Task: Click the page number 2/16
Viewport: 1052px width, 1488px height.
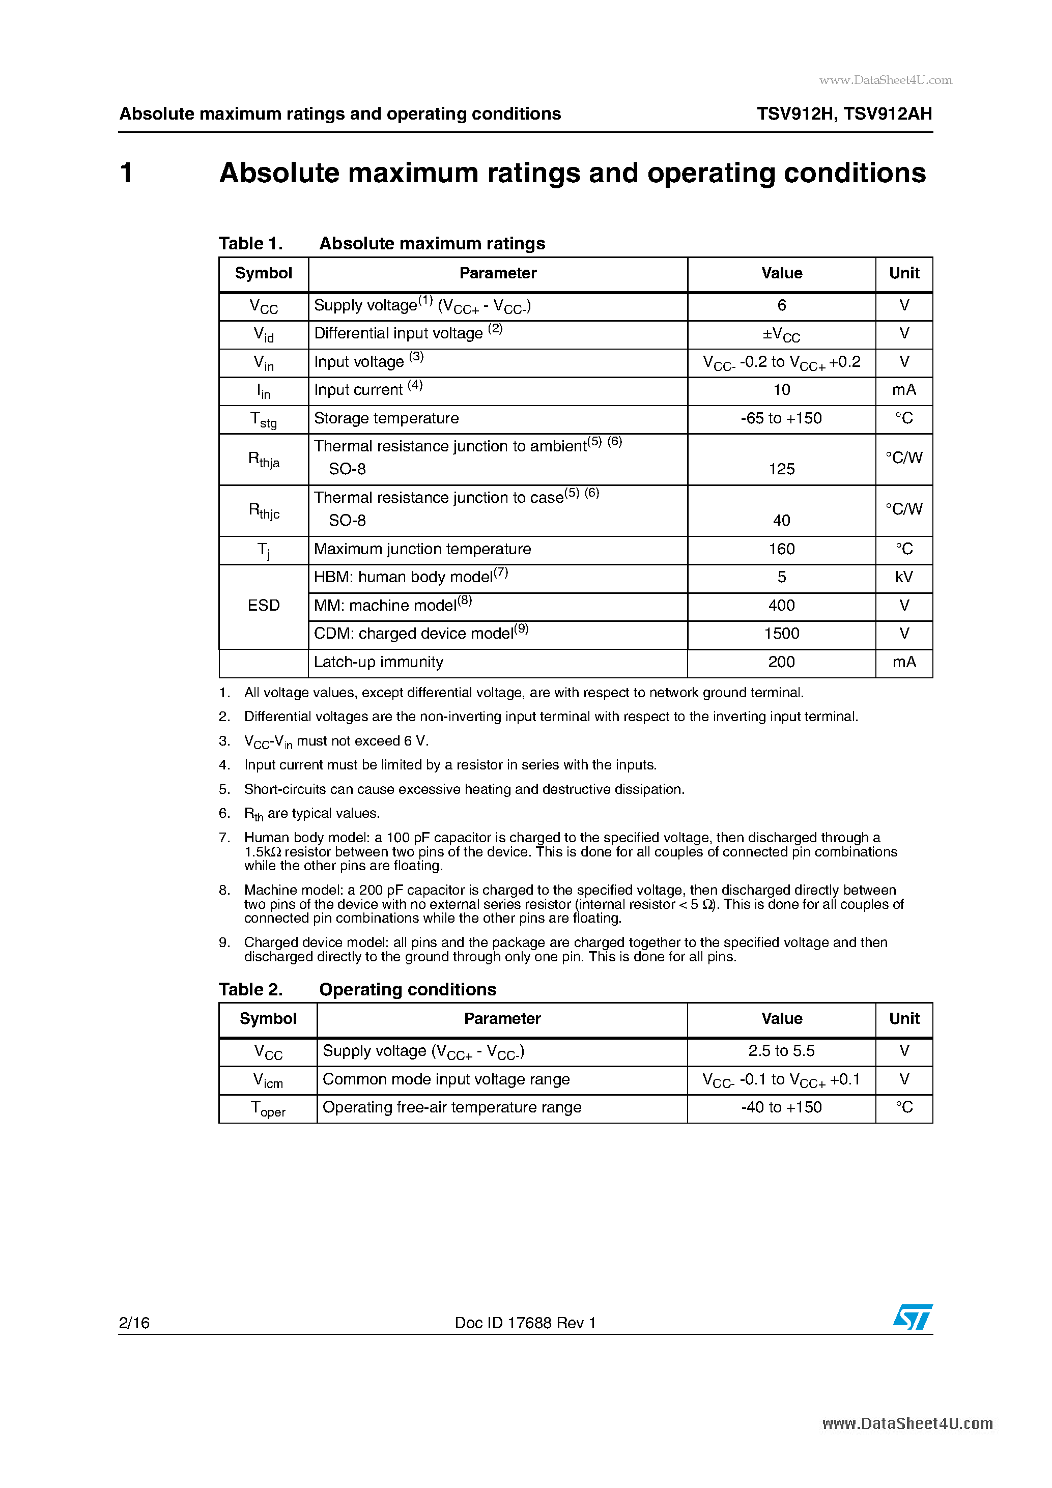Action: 134,1323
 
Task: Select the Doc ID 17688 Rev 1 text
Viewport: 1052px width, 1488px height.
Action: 525,1323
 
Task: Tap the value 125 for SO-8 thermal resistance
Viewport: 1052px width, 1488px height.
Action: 781,469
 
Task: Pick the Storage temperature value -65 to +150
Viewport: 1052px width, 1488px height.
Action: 781,419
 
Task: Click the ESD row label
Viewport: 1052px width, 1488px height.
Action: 264,605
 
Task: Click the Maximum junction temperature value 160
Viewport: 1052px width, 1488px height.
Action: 781,550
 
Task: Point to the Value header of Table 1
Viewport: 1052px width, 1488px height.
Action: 781,273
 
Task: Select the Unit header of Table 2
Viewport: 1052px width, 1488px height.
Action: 903,1019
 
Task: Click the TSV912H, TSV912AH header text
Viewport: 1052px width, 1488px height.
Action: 844,114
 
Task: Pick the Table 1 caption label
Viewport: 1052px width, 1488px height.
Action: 250,244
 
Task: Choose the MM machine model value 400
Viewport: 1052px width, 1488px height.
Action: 781,605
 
